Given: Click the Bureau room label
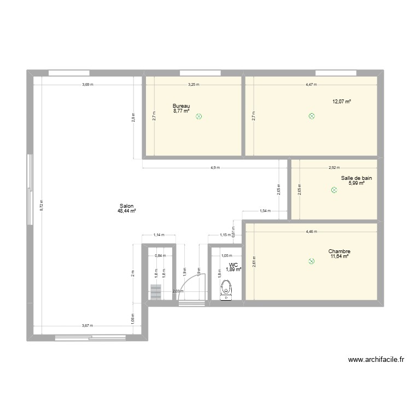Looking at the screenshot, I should tap(181, 106).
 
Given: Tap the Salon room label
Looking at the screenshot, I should tap(126, 206).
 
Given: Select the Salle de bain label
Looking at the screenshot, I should tap(353, 178).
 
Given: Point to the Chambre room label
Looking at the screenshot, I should tap(339, 251).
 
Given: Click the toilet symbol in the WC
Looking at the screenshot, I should tap(226, 290).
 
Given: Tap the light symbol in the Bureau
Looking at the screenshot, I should tap(198, 116).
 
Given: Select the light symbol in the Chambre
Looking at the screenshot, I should tap(312, 261).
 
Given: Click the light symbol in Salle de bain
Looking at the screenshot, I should tap(334, 190).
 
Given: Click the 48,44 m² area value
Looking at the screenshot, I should tap(126, 211).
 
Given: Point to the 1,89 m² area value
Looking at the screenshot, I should tap(234, 270).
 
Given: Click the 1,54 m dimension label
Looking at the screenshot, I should tap(265, 211).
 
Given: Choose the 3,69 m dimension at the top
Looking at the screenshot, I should tap(87, 85).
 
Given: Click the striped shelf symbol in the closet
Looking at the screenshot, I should tap(156, 292).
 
